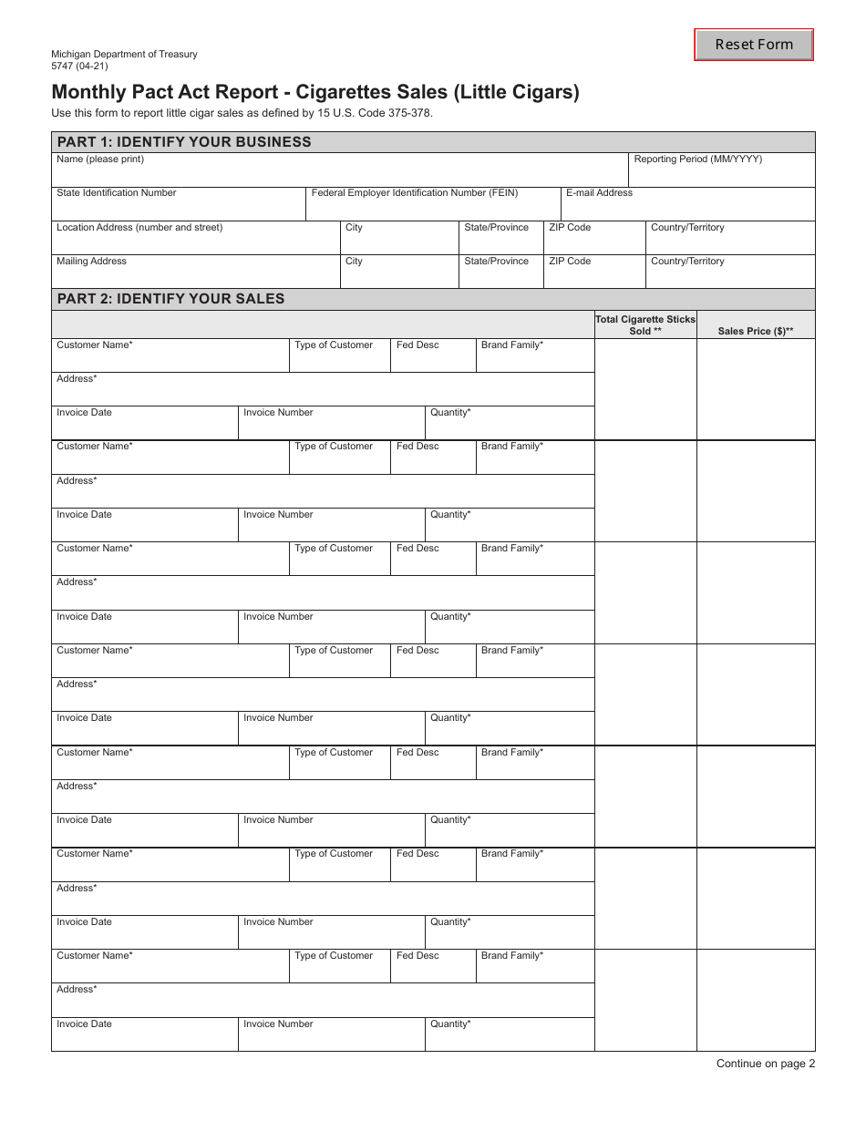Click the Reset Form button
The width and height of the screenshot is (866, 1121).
pyautogui.click(x=753, y=45)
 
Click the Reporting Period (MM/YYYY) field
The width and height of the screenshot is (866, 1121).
pyautogui.click(x=722, y=171)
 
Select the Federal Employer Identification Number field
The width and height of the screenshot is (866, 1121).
pyautogui.click(x=432, y=206)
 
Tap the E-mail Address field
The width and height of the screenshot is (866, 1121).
pyautogui.click(x=687, y=206)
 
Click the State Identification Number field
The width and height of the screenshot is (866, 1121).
pyautogui.click(x=178, y=206)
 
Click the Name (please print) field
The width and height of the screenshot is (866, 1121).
pyautogui.click(x=339, y=171)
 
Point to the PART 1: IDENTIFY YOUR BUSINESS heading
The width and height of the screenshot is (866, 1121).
pyautogui.click(x=184, y=142)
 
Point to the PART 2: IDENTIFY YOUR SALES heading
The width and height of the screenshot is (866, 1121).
pyautogui.click(x=170, y=299)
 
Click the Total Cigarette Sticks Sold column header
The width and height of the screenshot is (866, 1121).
pyautogui.click(x=645, y=324)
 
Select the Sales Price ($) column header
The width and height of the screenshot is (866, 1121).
pyautogui.click(x=755, y=331)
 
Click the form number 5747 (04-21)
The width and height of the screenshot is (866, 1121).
pyautogui.click(x=79, y=66)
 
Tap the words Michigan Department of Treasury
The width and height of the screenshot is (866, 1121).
pyautogui.click(x=124, y=54)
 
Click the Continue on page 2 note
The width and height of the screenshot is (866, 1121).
pyautogui.click(x=765, y=1064)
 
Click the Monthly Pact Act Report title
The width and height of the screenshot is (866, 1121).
pyautogui.click(x=314, y=92)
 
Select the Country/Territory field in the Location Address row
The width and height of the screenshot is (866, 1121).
pyautogui.click(x=730, y=241)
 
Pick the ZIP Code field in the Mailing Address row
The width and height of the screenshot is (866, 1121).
pyautogui.click(x=593, y=274)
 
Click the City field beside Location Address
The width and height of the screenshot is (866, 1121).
pyautogui.click(x=399, y=241)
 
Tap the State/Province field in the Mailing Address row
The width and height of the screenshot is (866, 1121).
pyautogui.click(x=500, y=274)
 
